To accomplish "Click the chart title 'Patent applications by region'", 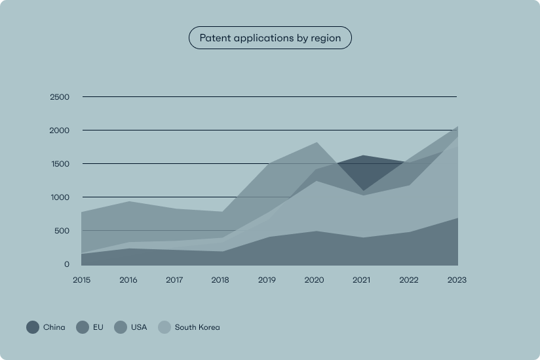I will (x=270, y=38).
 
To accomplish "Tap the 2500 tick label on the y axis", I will (x=59, y=97).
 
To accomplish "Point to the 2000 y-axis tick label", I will (x=59, y=130).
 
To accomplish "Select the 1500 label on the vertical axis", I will (x=60, y=164).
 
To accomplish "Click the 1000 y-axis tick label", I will (x=60, y=197).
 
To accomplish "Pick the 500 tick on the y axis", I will (x=62, y=231).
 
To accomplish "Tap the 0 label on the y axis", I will (x=66, y=264).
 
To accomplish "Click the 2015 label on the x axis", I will (x=82, y=280).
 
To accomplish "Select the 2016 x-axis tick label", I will (x=128, y=280).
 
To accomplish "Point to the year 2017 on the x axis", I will (x=175, y=280).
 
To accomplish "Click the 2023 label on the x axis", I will (x=456, y=280).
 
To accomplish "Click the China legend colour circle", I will (x=33, y=327).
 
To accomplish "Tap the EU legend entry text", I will (x=98, y=327).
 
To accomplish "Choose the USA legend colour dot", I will (x=121, y=327).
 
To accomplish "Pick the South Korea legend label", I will (x=197, y=327).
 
